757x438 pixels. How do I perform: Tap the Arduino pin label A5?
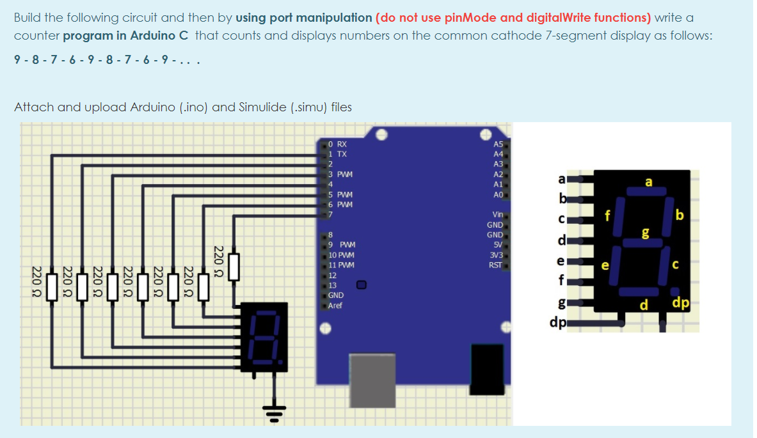coord(498,144)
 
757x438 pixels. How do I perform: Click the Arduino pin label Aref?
coord(335,306)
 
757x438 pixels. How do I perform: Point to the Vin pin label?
coord(497,215)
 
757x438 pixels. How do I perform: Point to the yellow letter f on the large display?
coord(609,214)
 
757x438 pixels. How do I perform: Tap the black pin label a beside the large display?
coord(561,180)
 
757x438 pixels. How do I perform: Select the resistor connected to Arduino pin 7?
coord(234,267)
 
